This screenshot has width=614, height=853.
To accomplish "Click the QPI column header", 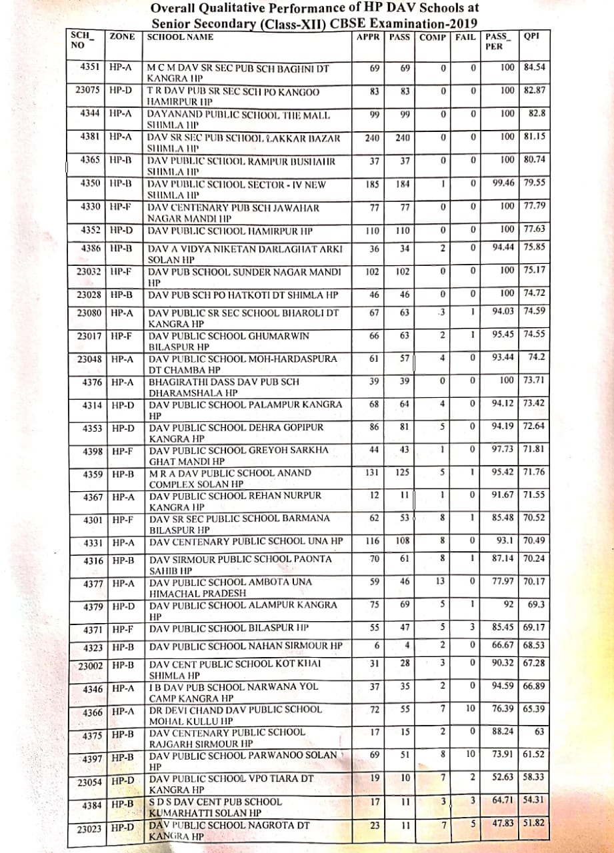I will tap(531, 37).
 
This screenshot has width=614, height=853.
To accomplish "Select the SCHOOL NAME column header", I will tap(180, 37).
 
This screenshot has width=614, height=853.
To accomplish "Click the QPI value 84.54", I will tap(535, 68).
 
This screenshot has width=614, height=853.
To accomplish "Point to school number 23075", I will tap(87, 91).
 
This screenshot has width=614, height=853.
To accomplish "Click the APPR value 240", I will tap(372, 137).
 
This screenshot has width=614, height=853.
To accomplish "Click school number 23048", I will tap(89, 359).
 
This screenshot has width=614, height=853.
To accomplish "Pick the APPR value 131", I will tap(372, 472).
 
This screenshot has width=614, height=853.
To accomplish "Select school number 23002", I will tap(89, 665).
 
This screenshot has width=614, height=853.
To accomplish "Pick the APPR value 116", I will tap(372, 540).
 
